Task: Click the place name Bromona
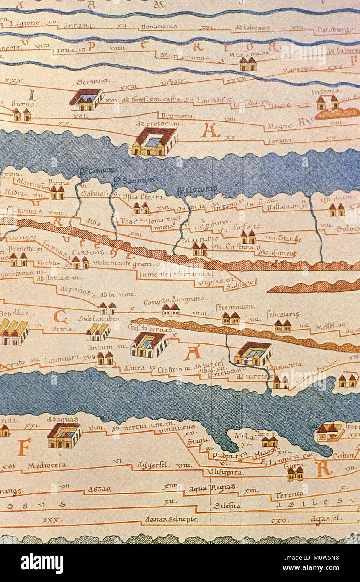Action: pyautogui.click(x=177, y=116)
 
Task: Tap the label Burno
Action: pyautogui.click(x=20, y=103)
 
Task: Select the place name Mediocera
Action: pyautogui.click(x=42, y=465)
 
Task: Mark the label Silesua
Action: pyautogui.click(x=227, y=506)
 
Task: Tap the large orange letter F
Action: pyautogui.click(x=23, y=448)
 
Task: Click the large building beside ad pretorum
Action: pyautogui.click(x=154, y=142)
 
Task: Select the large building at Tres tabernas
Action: pyautogui.click(x=149, y=345)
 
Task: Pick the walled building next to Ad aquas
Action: pyautogui.click(x=64, y=435)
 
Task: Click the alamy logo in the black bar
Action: pyautogui.click(x=42, y=563)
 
